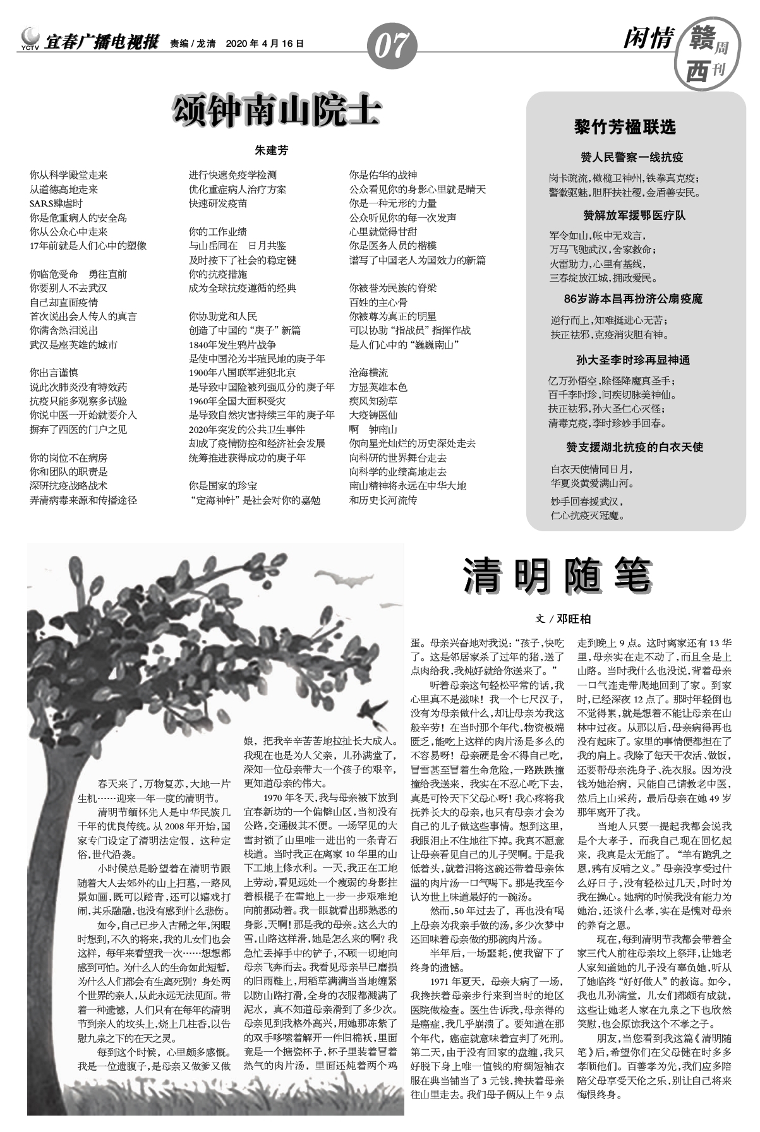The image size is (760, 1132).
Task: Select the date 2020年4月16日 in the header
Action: (x=264, y=44)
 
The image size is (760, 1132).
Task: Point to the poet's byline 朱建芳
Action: (x=271, y=151)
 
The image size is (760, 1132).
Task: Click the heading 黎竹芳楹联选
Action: (x=625, y=126)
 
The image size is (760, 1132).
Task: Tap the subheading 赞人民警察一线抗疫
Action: (x=632, y=157)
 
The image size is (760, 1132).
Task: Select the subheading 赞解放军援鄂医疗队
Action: (x=634, y=216)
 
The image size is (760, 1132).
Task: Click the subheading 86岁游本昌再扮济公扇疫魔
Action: (x=633, y=299)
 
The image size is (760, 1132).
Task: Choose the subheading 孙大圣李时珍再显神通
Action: (x=632, y=360)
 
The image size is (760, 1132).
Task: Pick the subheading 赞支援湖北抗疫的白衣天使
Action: (x=634, y=447)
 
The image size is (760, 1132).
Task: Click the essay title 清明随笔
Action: (x=557, y=575)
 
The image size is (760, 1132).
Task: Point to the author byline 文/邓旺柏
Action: (x=564, y=619)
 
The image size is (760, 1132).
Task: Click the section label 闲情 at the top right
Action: (x=648, y=39)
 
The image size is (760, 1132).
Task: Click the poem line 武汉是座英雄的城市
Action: (x=73, y=345)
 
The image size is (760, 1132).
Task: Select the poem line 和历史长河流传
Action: (x=383, y=500)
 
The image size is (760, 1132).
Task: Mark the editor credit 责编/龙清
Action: (x=193, y=44)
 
